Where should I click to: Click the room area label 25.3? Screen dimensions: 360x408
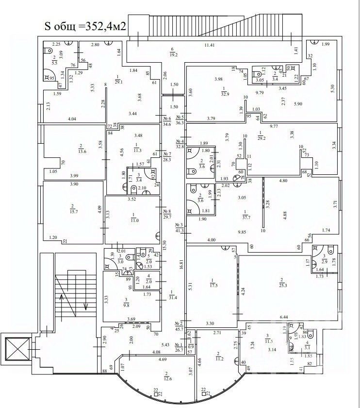click(x=281, y=286)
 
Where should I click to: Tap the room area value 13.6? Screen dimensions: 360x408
click(x=81, y=151)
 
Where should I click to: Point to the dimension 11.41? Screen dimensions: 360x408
click(x=210, y=46)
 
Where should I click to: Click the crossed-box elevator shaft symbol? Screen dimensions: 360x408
click(x=15, y=348)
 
